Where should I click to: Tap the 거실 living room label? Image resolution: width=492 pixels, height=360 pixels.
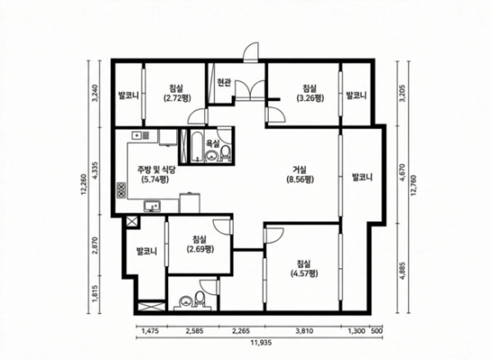pyautogui.click(x=300, y=170)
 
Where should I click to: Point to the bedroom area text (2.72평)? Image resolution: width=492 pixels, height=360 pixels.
pyautogui.click(x=175, y=98)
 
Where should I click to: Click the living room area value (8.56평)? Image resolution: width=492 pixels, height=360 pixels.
pyautogui.click(x=300, y=180)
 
